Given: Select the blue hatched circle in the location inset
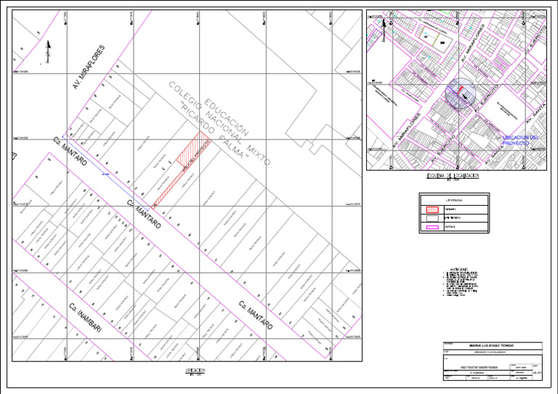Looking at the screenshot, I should click(458, 92).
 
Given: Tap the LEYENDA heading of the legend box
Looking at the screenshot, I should click(454, 199).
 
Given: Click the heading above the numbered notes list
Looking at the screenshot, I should click(458, 268).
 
